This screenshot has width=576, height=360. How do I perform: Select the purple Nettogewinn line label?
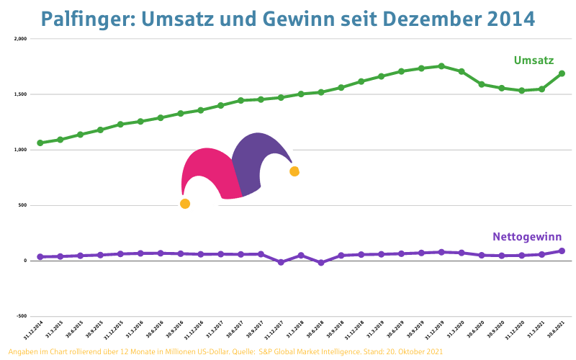[x=527, y=236]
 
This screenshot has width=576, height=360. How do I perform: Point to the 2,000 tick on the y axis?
[x=20, y=39]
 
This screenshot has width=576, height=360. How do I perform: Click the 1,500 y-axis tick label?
[x=20, y=94]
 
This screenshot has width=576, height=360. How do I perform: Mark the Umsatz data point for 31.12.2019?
[x=441, y=66]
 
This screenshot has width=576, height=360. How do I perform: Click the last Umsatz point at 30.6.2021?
[x=562, y=73]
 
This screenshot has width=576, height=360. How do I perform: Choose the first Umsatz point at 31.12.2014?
[x=40, y=143]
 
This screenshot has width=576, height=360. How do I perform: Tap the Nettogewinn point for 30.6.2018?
[x=321, y=263]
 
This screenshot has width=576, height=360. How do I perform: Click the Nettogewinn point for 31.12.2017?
[x=281, y=262]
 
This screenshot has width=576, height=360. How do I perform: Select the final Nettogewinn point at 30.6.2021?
[x=562, y=251]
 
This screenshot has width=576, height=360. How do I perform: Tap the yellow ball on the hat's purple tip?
[x=294, y=171]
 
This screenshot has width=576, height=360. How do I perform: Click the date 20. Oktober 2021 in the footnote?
[x=411, y=351]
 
